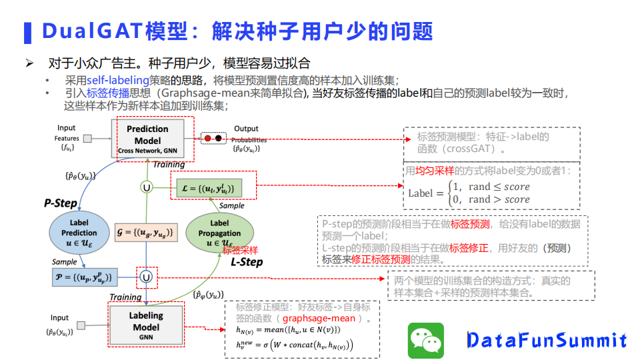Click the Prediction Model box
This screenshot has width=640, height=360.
click(147, 139)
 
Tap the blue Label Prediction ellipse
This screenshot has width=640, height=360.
click(79, 233)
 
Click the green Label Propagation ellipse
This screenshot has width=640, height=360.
click(219, 233)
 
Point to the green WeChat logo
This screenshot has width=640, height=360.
click(425, 340)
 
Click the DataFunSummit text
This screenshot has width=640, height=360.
click(546, 340)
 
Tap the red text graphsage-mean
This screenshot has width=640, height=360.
click(325, 318)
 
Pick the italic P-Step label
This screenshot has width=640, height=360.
click(61, 203)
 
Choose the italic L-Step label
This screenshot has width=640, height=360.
click(247, 262)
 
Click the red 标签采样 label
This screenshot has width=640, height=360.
click(240, 251)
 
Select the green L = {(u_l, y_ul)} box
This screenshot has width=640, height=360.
click(206, 187)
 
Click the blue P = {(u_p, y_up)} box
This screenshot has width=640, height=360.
click(84, 276)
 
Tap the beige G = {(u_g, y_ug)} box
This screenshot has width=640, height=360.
click(145, 232)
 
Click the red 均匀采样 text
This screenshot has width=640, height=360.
click(434, 171)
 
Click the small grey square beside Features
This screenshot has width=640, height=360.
click(85, 139)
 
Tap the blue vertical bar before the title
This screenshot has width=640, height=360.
click(27, 31)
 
